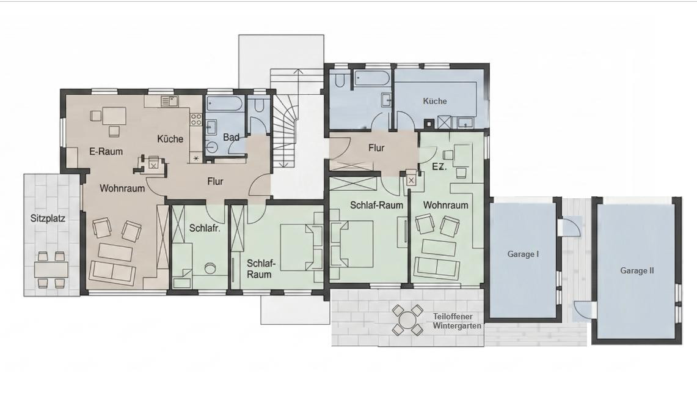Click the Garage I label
click(523, 254)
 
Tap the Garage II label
click(637, 270)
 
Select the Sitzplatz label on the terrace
click(48, 218)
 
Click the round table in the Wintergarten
click(407, 319)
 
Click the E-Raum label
click(106, 151)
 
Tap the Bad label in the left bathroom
click(231, 138)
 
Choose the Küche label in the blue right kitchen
click(435, 101)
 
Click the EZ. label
click(440, 168)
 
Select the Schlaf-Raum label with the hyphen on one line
click(376, 205)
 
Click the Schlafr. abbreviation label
click(205, 228)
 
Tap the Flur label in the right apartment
click(376, 148)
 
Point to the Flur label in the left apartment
click(215, 182)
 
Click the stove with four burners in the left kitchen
click(195, 119)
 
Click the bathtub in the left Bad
click(224, 105)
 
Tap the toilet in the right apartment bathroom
click(340, 80)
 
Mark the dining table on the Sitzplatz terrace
click(51, 270)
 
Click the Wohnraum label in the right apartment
click(445, 205)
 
